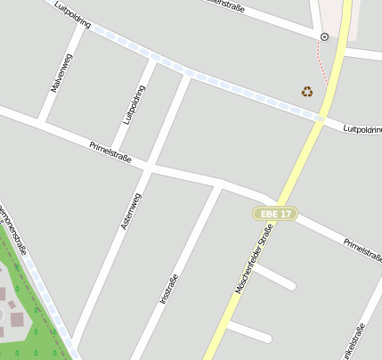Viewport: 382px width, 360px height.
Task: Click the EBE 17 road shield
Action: coord(273,214)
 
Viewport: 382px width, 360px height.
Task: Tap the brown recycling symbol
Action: coord(307,91)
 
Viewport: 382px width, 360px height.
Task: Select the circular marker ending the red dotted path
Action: coord(324,37)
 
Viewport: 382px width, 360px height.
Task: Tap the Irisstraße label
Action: coord(169,290)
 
